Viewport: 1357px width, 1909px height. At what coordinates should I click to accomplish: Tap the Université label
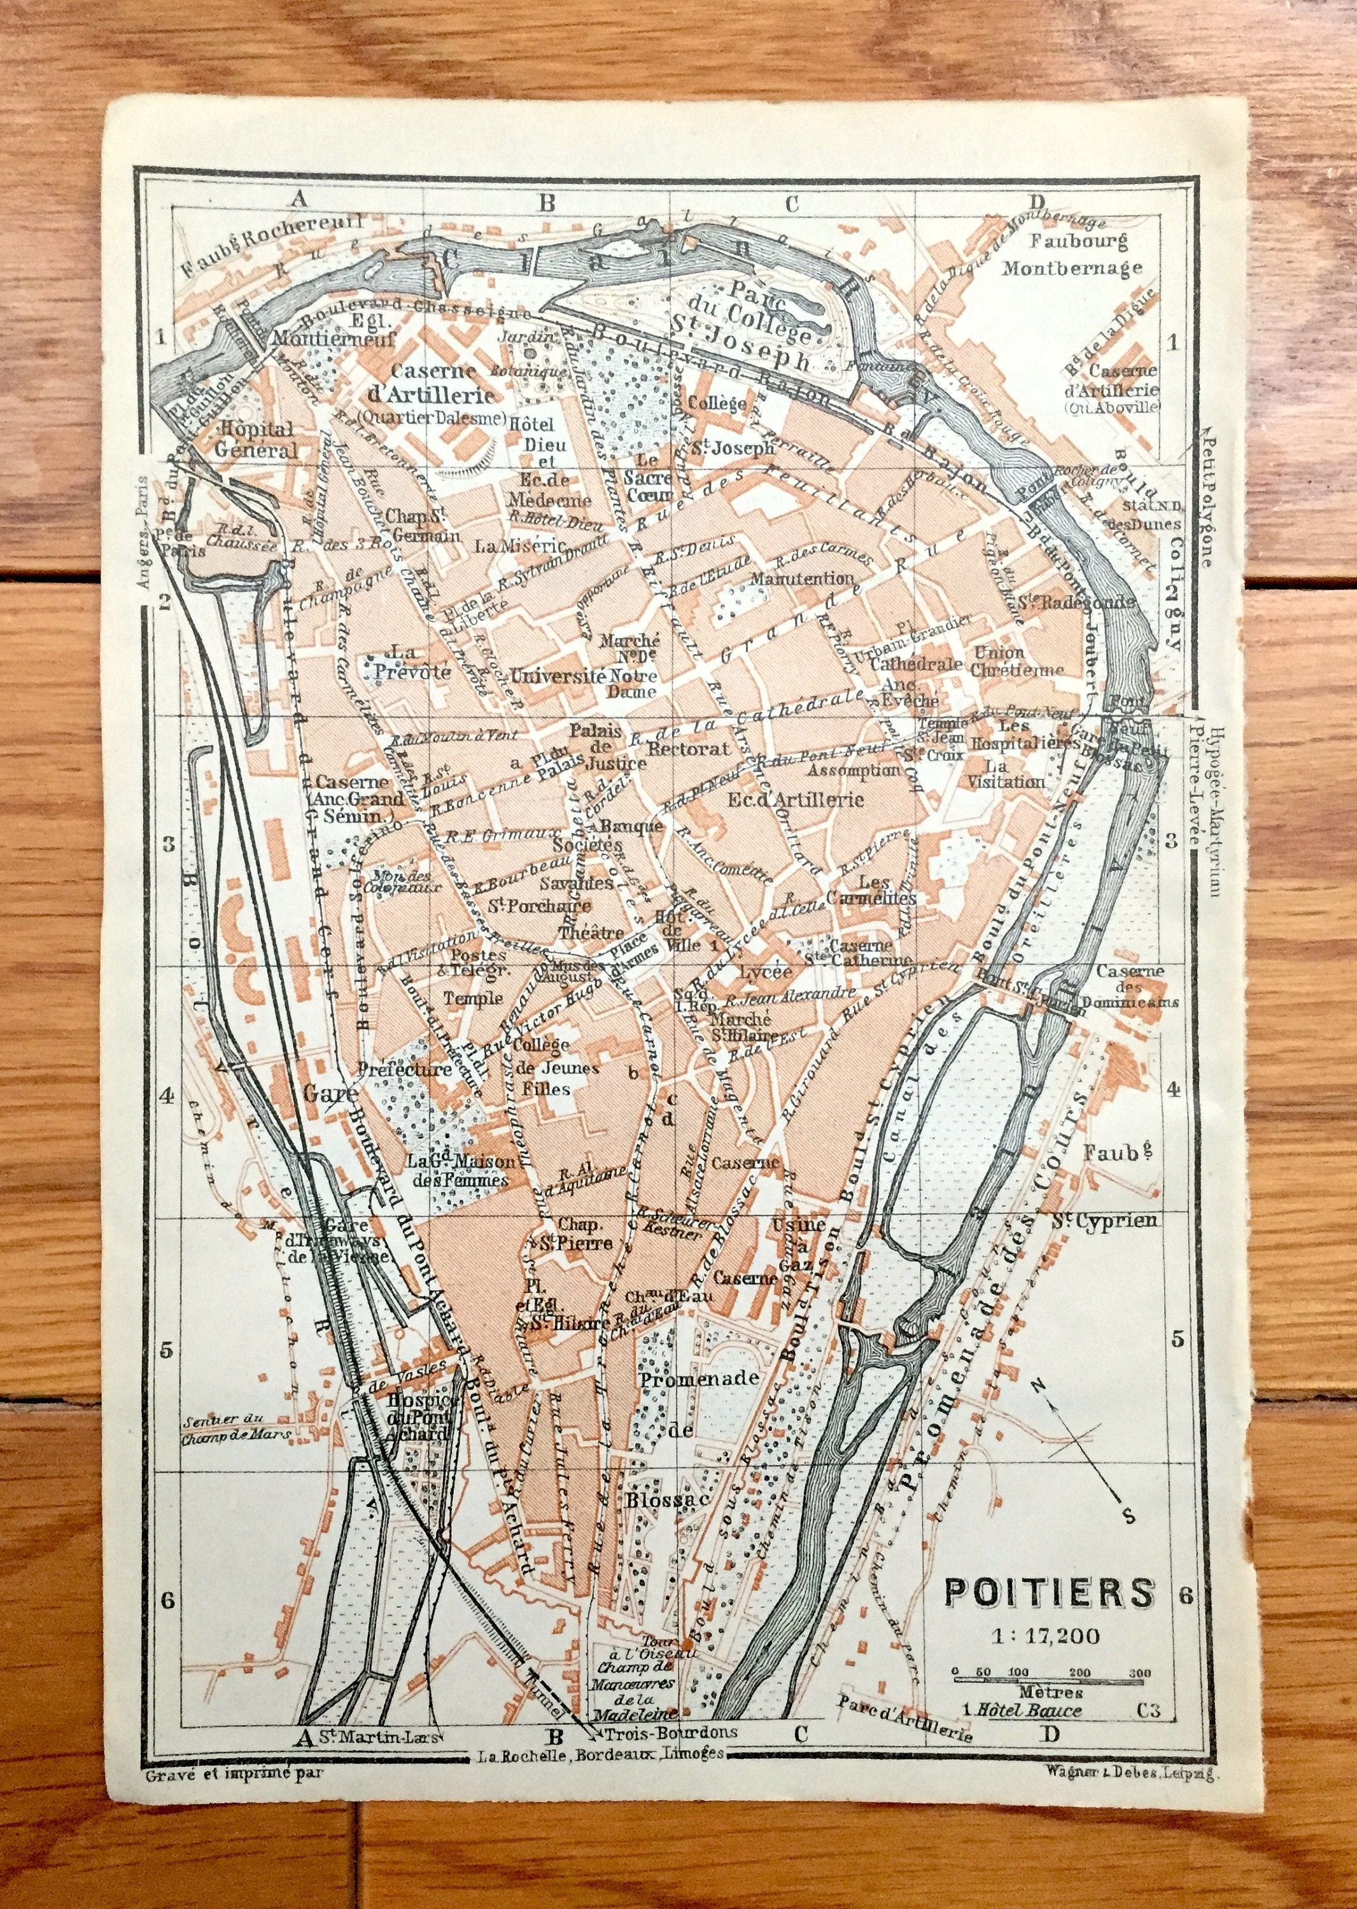[558, 675]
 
